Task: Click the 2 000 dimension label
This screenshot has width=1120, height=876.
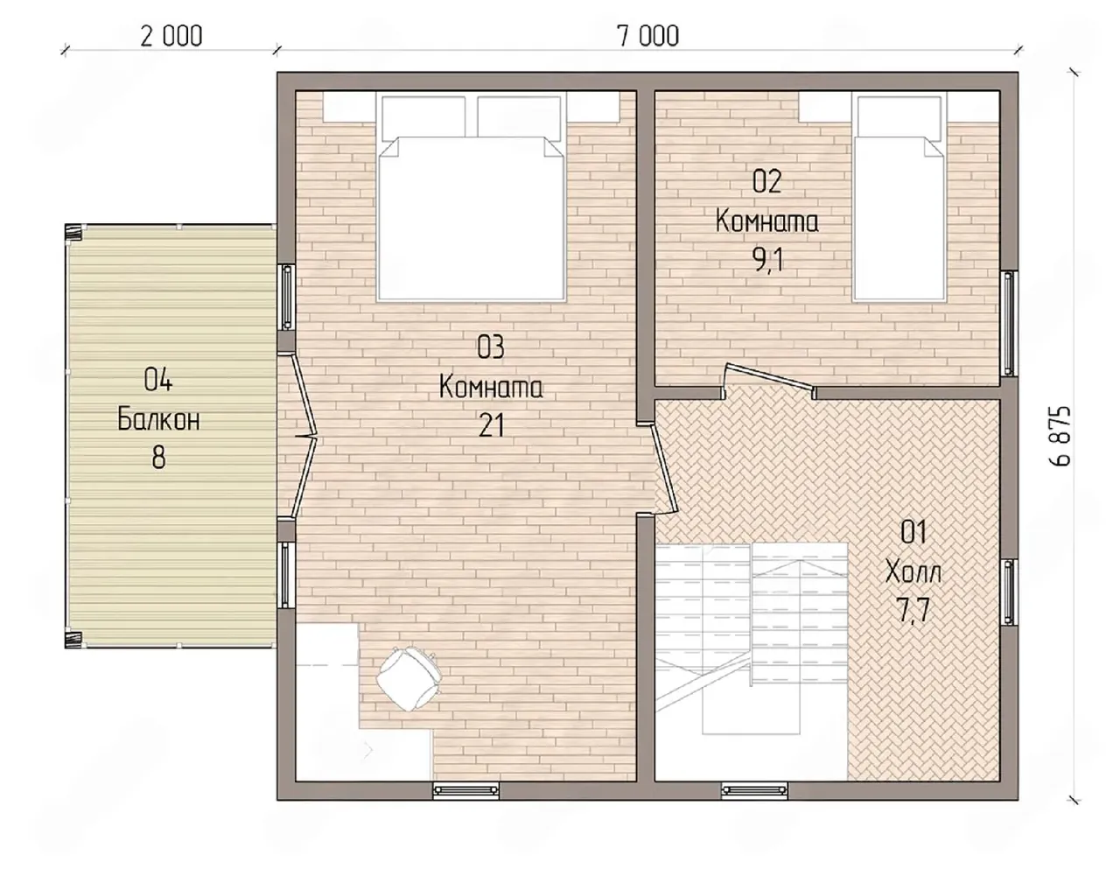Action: tap(171, 36)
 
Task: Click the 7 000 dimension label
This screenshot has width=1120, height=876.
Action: tap(647, 36)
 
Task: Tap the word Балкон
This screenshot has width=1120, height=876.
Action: tap(158, 419)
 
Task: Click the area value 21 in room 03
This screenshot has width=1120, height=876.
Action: tap(491, 425)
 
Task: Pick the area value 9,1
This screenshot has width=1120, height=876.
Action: tap(768, 262)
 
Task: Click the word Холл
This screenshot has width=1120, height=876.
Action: tap(913, 572)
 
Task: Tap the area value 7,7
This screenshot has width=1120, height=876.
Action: tap(913, 611)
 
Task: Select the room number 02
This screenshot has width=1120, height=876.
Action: tap(767, 182)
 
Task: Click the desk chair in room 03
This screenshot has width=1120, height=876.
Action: tap(409, 678)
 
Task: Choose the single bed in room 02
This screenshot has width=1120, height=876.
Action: tap(899, 199)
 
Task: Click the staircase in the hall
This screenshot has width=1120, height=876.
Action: tap(751, 639)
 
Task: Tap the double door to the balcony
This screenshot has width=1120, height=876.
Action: tap(304, 436)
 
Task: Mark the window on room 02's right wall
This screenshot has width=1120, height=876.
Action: tap(1009, 324)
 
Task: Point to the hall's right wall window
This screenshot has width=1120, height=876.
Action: tap(1009, 591)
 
